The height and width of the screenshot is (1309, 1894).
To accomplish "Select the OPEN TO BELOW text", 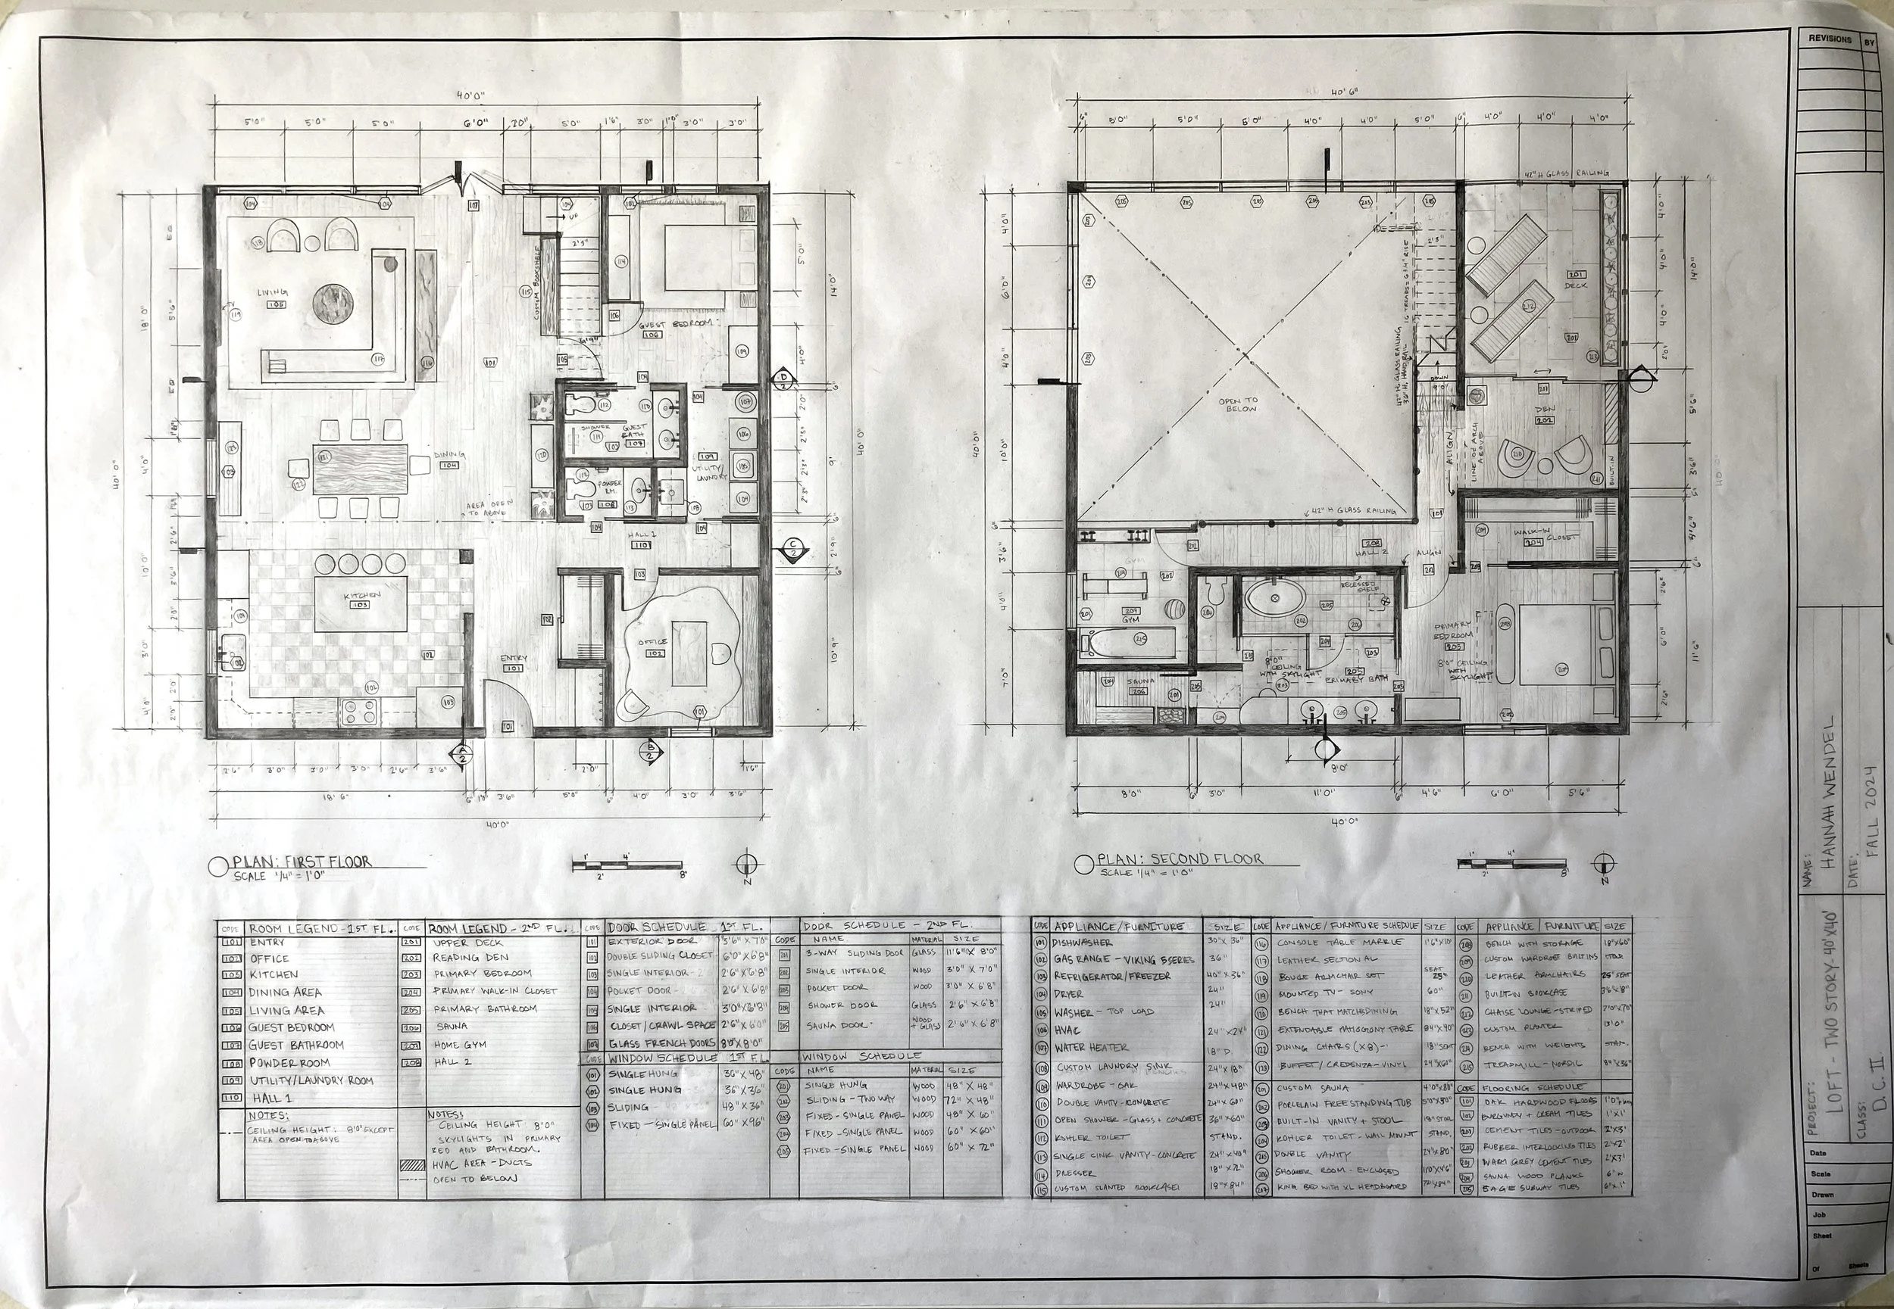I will pyautogui.click(x=1240, y=404).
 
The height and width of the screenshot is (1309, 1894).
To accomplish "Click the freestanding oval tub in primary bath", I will pyautogui.click(x=1274, y=598).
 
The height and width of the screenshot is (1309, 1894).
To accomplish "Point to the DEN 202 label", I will pyautogui.click(x=1545, y=414).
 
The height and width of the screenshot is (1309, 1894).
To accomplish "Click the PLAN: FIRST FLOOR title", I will pyautogui.click(x=302, y=862).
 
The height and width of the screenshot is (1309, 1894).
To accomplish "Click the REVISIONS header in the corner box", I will pyautogui.click(x=1828, y=39).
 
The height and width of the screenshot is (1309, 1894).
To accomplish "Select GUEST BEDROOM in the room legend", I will pyautogui.click(x=292, y=1027).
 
